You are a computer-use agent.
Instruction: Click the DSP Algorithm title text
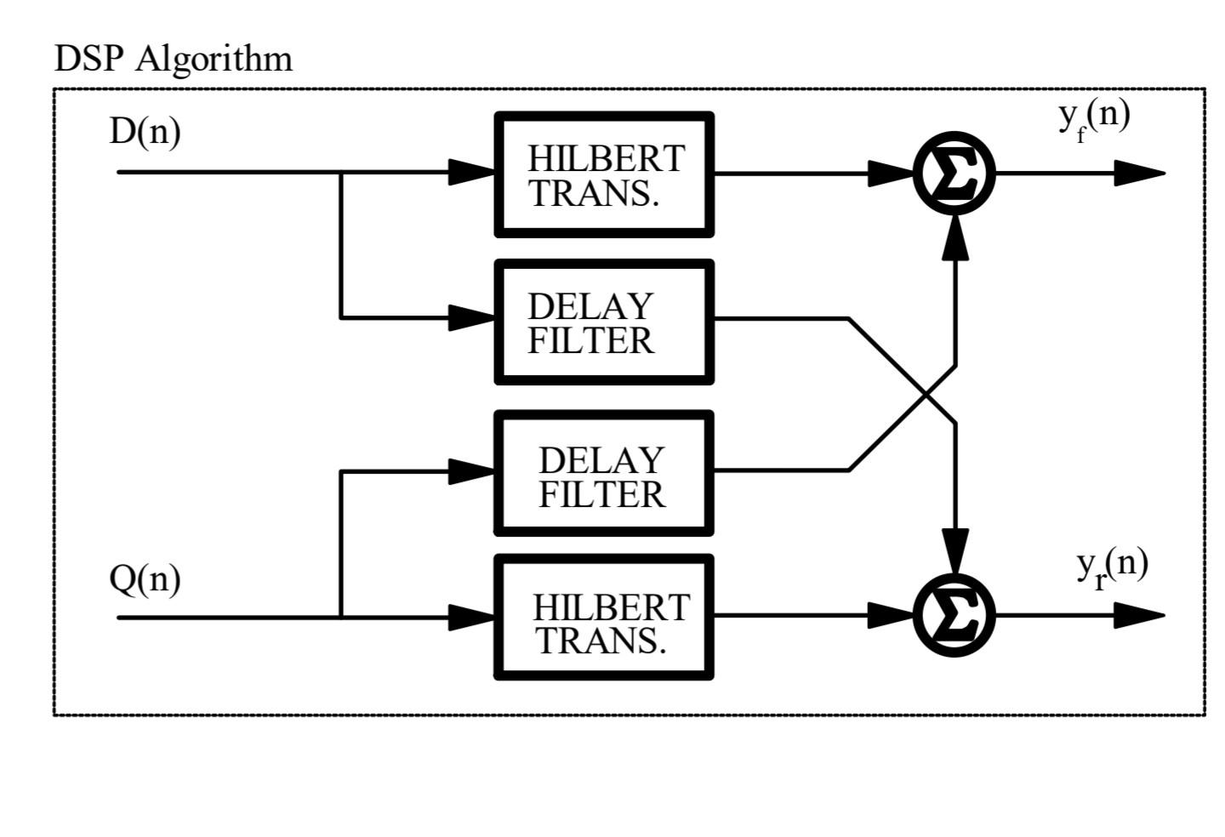(x=173, y=59)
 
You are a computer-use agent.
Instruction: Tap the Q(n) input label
(x=145, y=579)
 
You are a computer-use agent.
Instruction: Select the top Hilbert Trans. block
(x=604, y=174)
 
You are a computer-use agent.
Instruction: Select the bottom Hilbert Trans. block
(x=604, y=618)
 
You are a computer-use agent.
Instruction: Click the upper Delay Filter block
(x=604, y=322)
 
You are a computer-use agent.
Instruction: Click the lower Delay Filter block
(x=604, y=474)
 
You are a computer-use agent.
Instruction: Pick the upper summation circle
(x=954, y=174)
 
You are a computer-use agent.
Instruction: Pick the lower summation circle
(x=954, y=615)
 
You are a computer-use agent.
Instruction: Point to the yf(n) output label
(x=1094, y=117)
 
